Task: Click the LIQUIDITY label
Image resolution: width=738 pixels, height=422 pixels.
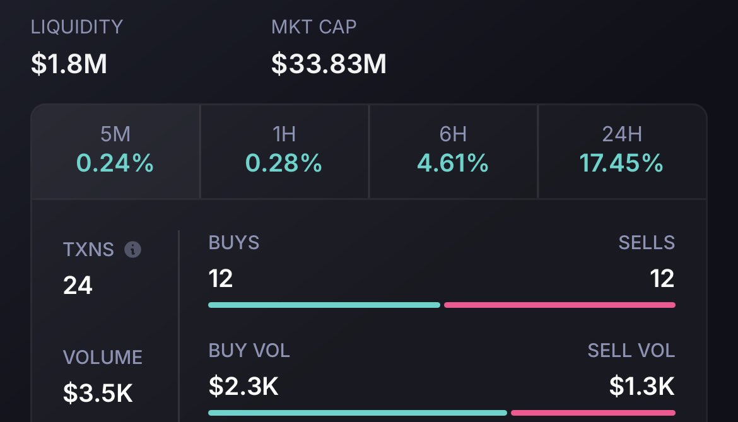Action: [76, 27]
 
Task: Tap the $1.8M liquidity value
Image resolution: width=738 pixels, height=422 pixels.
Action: [69, 64]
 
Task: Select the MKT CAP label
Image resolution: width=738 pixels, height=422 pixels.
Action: [313, 27]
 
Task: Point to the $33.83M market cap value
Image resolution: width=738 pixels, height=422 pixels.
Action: [329, 64]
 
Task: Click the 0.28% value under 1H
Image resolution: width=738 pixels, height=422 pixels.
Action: [284, 164]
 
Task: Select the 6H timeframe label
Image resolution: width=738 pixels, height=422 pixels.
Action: [453, 134]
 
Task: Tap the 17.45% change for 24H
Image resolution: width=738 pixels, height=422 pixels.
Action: [621, 164]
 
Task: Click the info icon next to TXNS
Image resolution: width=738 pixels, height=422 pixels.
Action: [132, 250]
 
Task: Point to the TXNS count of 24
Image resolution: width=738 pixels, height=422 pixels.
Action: [78, 286]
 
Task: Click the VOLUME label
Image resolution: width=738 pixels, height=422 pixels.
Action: [102, 358]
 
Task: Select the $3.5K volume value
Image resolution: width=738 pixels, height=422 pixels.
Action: [98, 393]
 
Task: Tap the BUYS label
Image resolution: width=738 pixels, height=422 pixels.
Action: [233, 243]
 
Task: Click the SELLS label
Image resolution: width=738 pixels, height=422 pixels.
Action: [647, 243]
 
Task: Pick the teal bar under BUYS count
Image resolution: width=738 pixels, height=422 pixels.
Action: [324, 305]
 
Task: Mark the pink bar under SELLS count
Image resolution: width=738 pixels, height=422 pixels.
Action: [559, 305]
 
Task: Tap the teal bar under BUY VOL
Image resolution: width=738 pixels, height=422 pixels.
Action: [357, 413]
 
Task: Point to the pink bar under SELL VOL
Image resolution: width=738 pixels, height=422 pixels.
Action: [593, 413]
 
